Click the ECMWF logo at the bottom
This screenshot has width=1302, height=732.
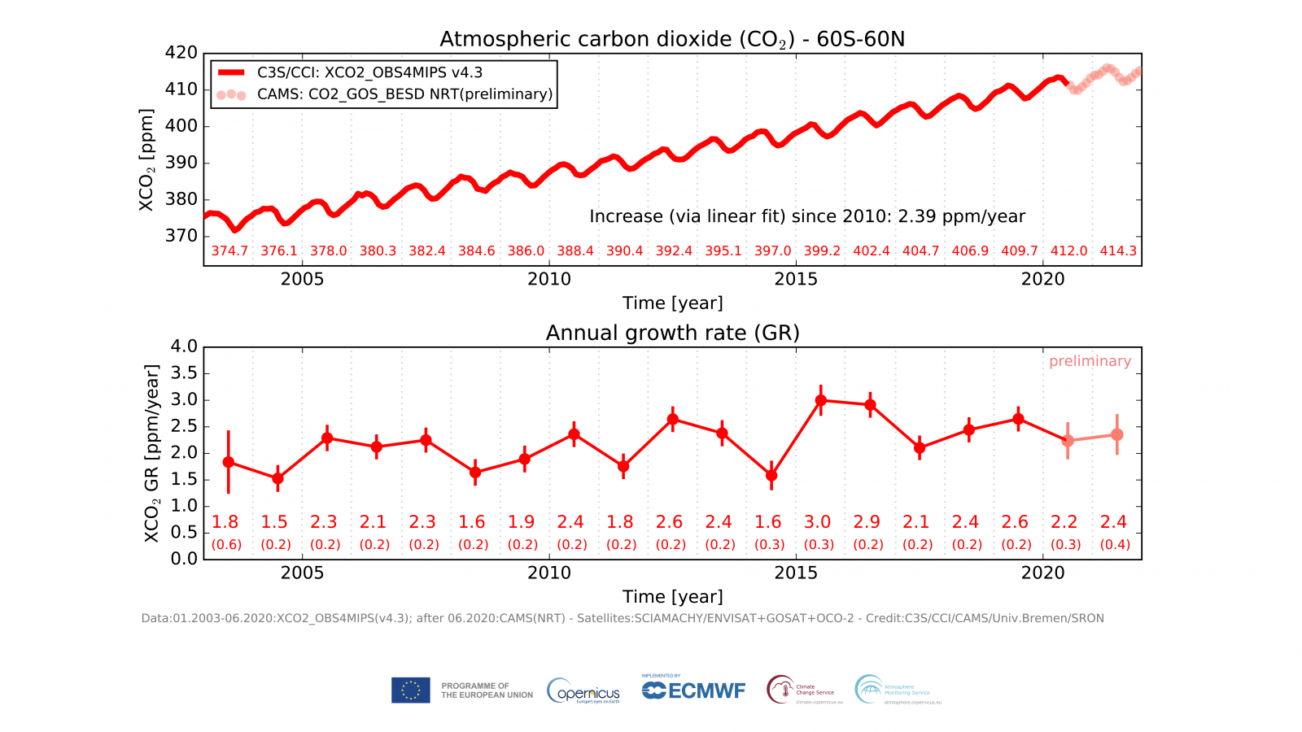coord(693,691)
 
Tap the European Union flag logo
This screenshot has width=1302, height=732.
coord(410,691)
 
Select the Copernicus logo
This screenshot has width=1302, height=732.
coord(583,691)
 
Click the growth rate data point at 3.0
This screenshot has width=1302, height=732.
coord(821,400)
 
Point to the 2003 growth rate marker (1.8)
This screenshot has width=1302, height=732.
coord(229,462)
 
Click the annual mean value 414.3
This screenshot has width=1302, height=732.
coord(1118,251)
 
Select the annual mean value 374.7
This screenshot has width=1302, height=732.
coord(229,251)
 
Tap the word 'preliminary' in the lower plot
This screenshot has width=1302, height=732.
coord(1090,361)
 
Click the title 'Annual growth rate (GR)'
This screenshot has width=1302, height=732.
coord(672,333)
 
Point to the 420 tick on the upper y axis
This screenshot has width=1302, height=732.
coord(181,53)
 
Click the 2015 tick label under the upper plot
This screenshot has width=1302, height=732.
coord(796,279)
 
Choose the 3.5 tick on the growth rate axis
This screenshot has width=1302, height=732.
coord(183,373)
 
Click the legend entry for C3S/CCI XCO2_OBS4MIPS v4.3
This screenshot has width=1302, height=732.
coord(369,72)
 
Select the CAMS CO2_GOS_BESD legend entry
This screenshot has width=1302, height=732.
coord(404,94)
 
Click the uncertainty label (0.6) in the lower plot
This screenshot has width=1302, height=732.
coord(226,545)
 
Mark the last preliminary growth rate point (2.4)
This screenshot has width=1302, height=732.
coord(1117,435)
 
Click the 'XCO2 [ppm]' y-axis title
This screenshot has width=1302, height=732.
coord(146,159)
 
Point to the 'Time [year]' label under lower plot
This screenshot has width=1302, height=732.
coord(672,597)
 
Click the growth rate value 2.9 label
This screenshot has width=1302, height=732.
coord(867,522)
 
